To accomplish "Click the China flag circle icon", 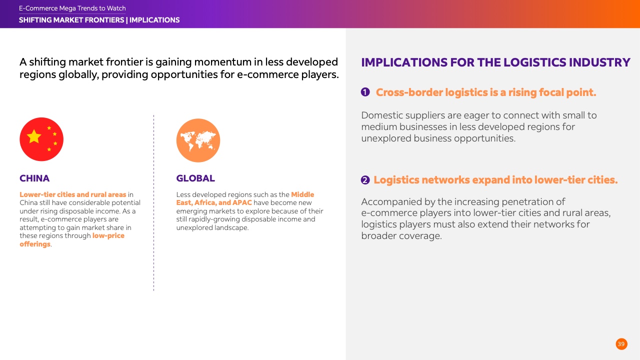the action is tap(41, 139).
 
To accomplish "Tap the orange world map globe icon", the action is tap(198, 140).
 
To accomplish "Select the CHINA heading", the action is tap(34, 178).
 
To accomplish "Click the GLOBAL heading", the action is tap(195, 178).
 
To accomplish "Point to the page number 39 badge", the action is tap(621, 344).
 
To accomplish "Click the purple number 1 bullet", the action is tap(365, 92).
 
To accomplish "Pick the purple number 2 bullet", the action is tap(365, 180).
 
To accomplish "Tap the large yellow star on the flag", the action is tap(34, 136).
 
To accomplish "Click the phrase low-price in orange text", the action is tap(108, 235).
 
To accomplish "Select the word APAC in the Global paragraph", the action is tap(242, 202).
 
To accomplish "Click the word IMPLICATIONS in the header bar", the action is tap(154, 20).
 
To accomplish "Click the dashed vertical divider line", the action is tap(153, 203).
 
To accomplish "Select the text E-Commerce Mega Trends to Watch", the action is tap(72, 8).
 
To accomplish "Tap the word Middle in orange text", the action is tap(302, 194).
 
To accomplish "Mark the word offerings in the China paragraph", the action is tap(35, 244).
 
